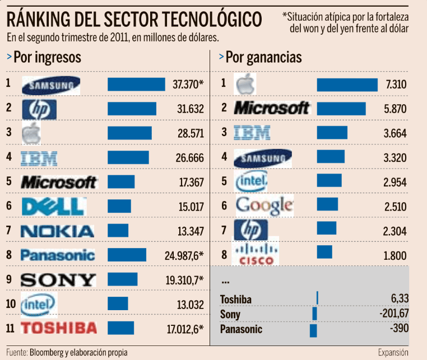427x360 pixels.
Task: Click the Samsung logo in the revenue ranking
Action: (x=51, y=85)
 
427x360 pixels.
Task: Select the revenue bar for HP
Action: (x=132, y=109)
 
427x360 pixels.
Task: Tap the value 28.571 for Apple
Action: (x=189, y=133)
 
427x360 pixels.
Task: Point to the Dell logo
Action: (x=53, y=207)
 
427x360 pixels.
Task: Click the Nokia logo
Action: (x=57, y=231)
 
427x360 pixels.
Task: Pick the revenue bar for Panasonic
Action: (x=127, y=255)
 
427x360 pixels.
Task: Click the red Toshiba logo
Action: (x=59, y=328)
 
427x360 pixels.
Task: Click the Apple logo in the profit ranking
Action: (x=245, y=85)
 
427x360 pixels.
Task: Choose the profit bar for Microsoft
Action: (x=341, y=109)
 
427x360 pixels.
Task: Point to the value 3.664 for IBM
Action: (x=394, y=133)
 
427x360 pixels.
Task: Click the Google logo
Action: (x=264, y=205)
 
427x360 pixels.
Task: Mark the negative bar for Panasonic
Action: (x=313, y=330)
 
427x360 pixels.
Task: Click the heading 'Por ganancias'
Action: (x=263, y=57)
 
